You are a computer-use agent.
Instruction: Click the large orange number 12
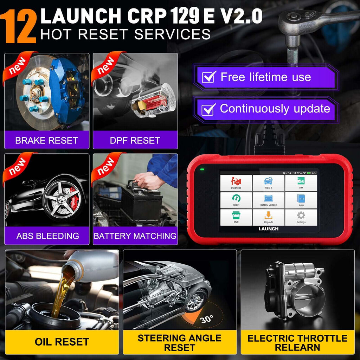[x=20, y=25]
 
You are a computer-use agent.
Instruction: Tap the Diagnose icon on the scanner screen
[x=236, y=181]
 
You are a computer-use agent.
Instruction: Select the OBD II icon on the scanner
[x=268, y=181]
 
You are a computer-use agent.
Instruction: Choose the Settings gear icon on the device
[x=301, y=216]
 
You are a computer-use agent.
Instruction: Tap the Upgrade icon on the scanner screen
[x=268, y=216]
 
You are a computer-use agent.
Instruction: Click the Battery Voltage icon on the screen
[x=268, y=199]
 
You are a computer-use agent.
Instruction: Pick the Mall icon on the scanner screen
[x=236, y=216]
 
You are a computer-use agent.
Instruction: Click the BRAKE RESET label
[x=46, y=141]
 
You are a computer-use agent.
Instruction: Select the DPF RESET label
[x=135, y=141]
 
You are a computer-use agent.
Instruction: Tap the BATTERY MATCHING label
[x=135, y=236]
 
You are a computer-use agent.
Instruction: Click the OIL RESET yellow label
[x=62, y=341]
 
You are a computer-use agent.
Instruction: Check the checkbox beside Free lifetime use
[x=209, y=77]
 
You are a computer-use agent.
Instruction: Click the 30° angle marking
[x=207, y=320]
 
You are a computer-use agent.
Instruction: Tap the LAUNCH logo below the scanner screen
[x=269, y=229]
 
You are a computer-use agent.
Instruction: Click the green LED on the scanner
[x=202, y=170]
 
